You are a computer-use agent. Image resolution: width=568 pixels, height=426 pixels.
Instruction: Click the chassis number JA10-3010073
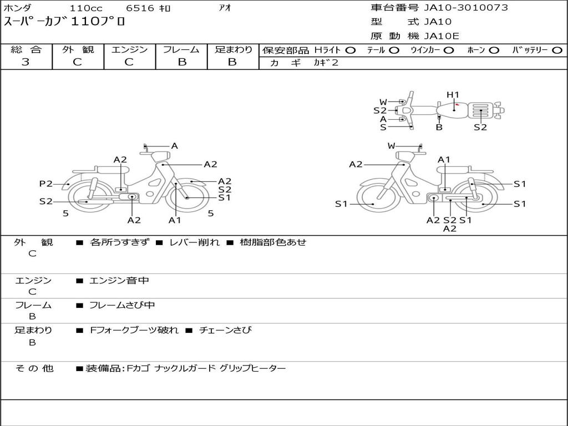pyautogui.click(x=466, y=8)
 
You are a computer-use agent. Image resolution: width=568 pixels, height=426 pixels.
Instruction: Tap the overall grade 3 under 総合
pyautogui.click(x=26, y=62)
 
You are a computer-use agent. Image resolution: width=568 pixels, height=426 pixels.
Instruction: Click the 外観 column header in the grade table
pyautogui.click(x=78, y=49)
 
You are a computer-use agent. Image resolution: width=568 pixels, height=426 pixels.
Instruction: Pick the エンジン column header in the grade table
pyautogui.click(x=129, y=49)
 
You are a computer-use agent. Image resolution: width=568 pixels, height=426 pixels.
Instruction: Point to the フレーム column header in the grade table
pyautogui.click(x=181, y=49)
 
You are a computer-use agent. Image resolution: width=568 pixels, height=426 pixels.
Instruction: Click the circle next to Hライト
pyautogui.click(x=351, y=50)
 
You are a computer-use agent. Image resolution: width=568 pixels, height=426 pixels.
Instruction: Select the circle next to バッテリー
pyautogui.click(x=557, y=50)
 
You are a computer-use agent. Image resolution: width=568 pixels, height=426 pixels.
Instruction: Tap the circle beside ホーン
pyautogui.click(x=494, y=50)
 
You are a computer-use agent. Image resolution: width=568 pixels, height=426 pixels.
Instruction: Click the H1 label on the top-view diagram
pyautogui.click(x=453, y=95)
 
